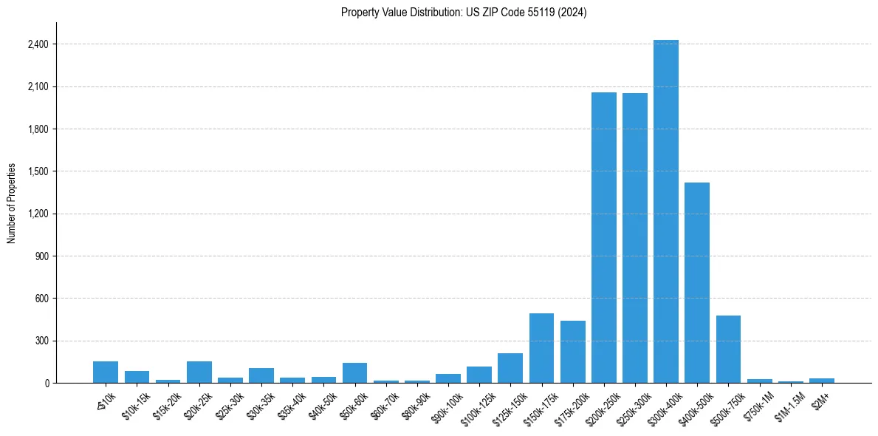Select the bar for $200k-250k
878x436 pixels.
coord(603,237)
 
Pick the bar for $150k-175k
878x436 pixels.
coord(541,348)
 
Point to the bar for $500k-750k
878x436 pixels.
coord(728,349)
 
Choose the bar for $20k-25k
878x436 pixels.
coord(199,372)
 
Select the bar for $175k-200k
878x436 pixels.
coord(572,352)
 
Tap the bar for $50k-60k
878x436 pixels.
coord(354,372)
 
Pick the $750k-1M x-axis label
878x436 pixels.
coord(760,401)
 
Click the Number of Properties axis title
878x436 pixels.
coord(11,203)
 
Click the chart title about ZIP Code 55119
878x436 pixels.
coord(464,13)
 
